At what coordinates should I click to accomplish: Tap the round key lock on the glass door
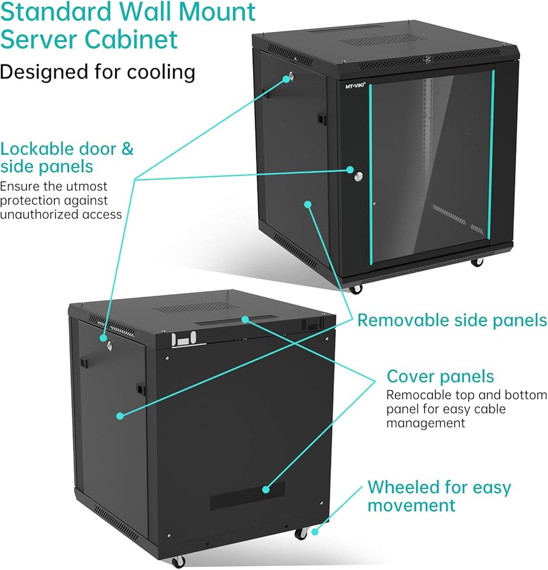coord(357,174)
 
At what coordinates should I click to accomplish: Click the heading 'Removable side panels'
coord(452,320)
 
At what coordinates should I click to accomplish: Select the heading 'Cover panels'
coord(440,377)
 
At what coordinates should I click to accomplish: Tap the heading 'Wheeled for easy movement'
coord(439,496)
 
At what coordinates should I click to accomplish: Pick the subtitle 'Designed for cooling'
coord(97,72)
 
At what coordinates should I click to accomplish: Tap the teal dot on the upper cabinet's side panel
coord(308,203)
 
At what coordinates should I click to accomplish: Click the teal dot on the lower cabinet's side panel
coord(120,416)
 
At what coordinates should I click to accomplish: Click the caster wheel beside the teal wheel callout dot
coord(300,534)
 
